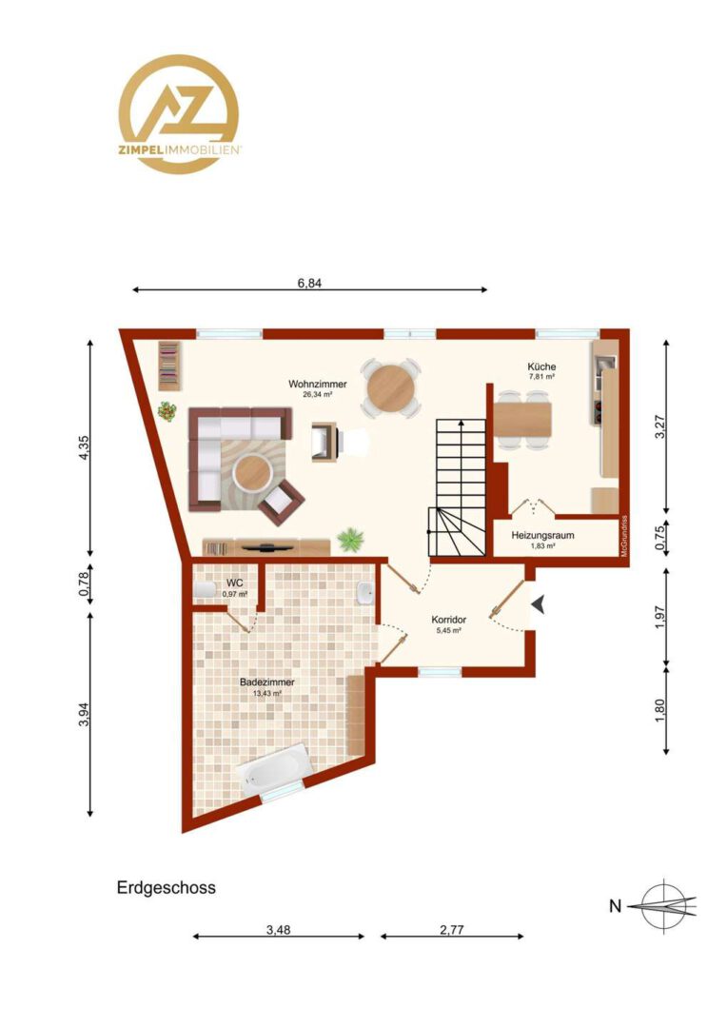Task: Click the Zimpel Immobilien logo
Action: (x=178, y=114)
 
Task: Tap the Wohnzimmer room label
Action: (x=317, y=385)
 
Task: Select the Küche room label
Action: (x=542, y=366)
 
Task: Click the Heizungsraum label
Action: (x=542, y=535)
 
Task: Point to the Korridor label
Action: (x=448, y=620)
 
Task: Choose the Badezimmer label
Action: (x=266, y=682)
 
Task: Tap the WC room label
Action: (x=235, y=583)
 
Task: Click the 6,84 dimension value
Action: (x=309, y=284)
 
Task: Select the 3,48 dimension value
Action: (x=279, y=930)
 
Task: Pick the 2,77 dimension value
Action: (x=452, y=930)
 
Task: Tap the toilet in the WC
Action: (x=206, y=589)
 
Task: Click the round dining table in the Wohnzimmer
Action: (x=391, y=388)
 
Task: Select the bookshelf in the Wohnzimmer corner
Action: (x=169, y=366)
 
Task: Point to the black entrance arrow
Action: (x=539, y=604)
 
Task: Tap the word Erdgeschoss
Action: (x=167, y=888)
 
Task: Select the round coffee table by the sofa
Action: (x=253, y=473)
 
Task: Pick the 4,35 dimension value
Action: (x=84, y=448)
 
